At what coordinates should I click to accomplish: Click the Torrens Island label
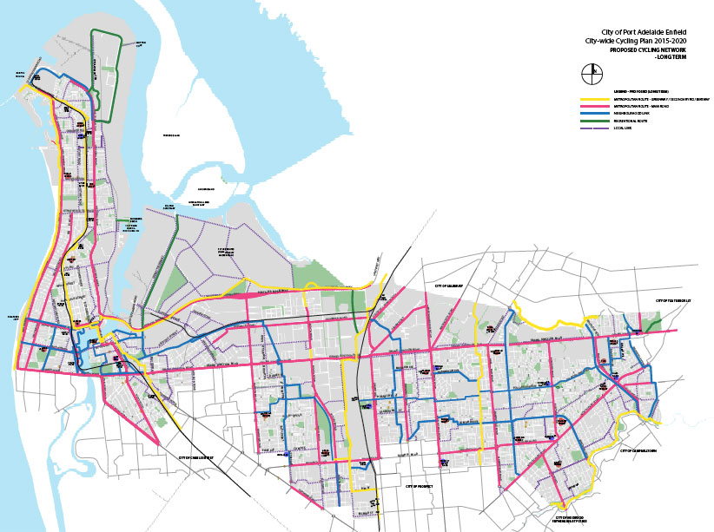pyautogui.click(x=165, y=136)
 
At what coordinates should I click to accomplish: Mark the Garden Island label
pyautogui.click(x=205, y=188)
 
